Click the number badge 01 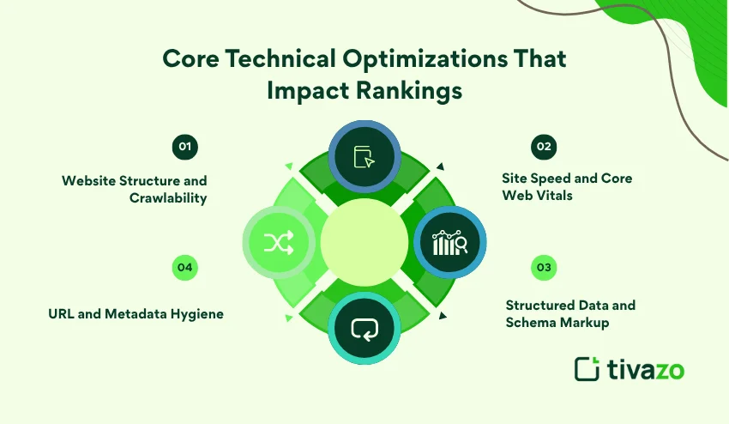click(184, 147)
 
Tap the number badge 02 click(543, 147)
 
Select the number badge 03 click(543, 268)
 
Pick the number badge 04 click(184, 268)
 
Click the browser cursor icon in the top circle click(364, 157)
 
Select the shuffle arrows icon click(279, 244)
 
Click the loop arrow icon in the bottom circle click(364, 330)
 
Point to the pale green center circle click(364, 244)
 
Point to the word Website click(87, 181)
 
